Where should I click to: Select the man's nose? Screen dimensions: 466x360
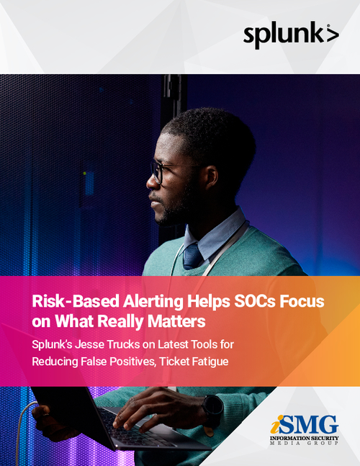[150, 180]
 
